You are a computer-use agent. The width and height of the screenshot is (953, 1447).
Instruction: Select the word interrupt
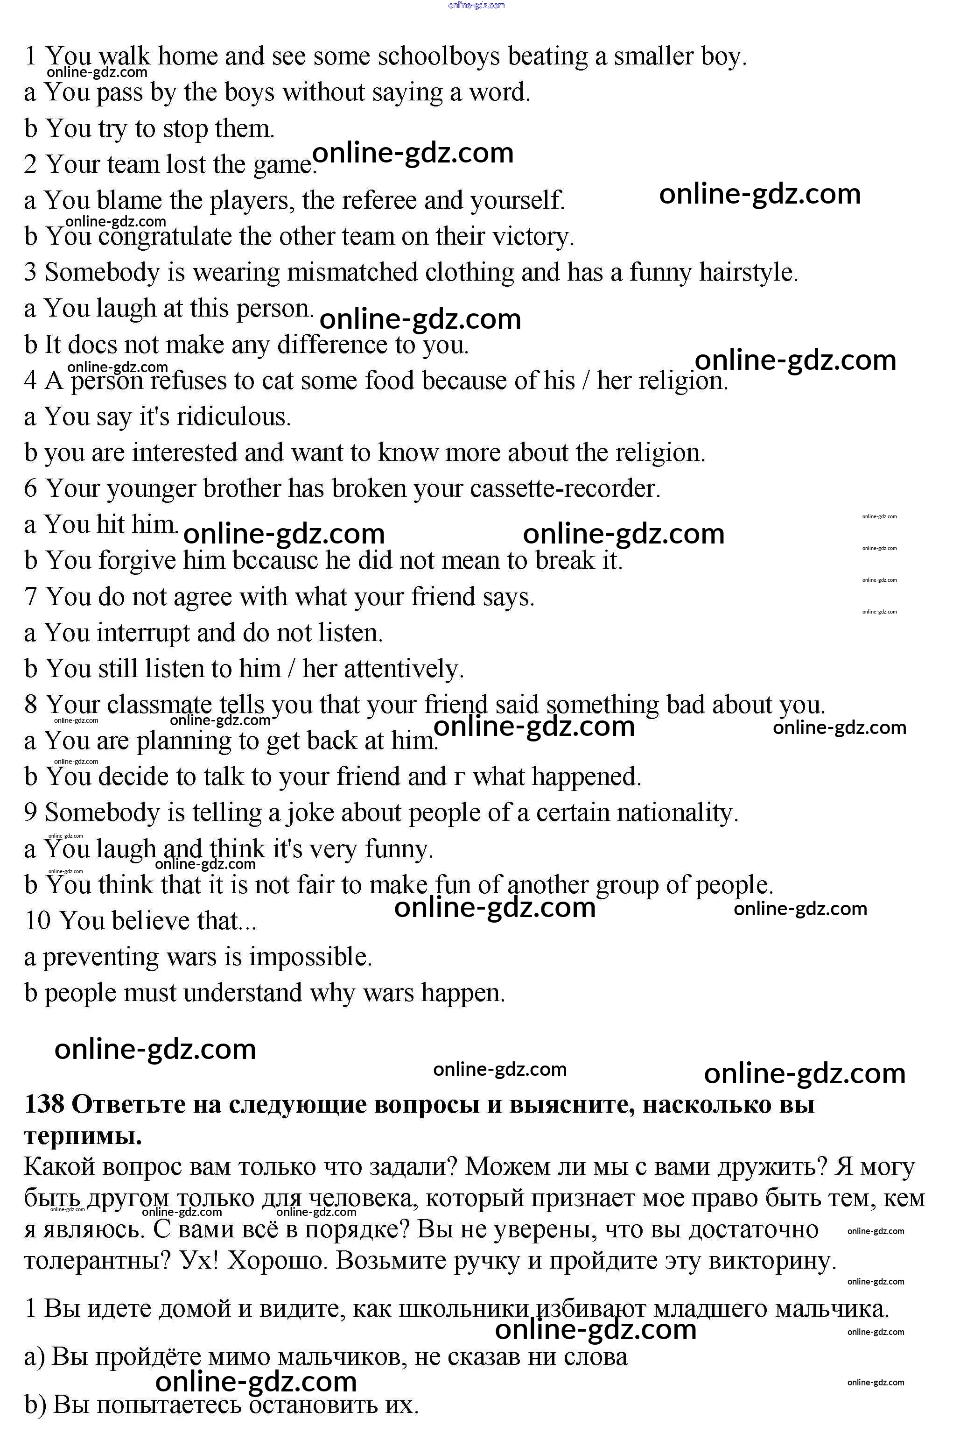pos(143,633)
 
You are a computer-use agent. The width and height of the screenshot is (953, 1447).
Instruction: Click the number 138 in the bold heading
pos(44,1105)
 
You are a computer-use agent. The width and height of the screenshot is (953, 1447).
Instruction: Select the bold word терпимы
pos(83,1135)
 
